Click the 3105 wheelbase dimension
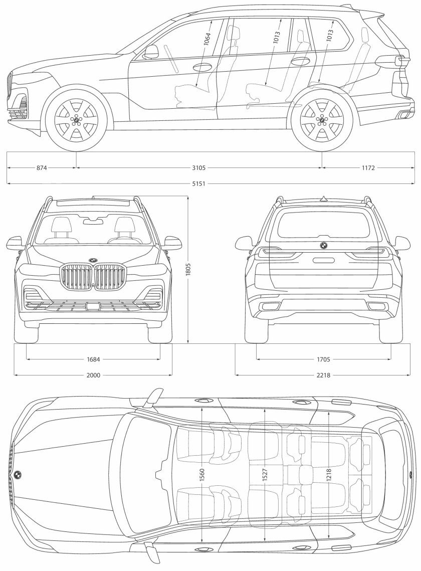pos(199,168)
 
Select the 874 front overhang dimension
pos(42,168)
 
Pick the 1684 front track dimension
pos(93,359)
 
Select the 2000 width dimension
pos(93,374)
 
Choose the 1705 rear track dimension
pos(323,359)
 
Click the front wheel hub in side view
pos(77,120)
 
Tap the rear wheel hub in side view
pos(322,120)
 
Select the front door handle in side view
pos(201,67)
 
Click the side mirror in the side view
pos(151,51)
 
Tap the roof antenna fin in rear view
pos(324,199)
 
